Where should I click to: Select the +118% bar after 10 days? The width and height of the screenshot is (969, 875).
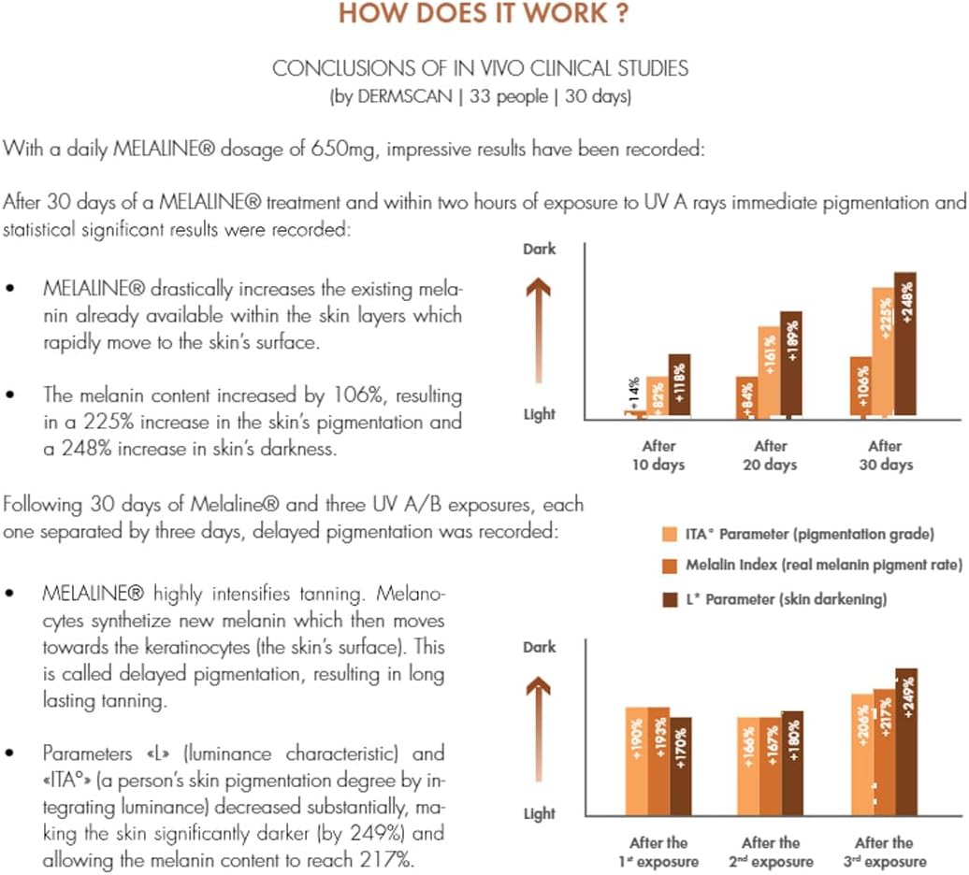[679, 385]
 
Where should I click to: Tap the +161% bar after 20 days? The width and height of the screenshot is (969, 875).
[769, 371]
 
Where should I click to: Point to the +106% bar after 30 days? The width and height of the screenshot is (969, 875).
[861, 387]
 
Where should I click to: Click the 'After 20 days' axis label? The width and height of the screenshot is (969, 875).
[770, 455]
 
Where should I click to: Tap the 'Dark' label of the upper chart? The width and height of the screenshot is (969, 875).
[539, 250]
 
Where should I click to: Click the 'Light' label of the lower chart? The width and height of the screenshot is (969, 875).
[539, 814]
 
